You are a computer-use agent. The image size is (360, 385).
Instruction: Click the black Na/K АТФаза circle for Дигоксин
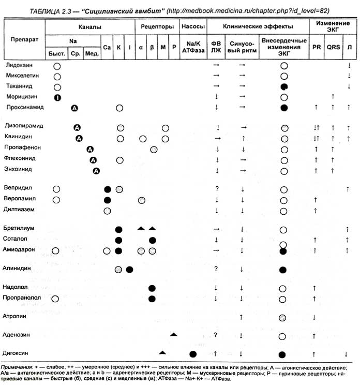point(193,354)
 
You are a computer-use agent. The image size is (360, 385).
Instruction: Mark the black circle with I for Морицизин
point(57,97)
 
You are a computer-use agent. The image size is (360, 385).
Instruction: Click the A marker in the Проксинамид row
point(74,108)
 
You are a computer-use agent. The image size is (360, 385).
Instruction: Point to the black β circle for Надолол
point(152,288)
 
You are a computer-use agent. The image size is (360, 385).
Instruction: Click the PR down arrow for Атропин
point(314,317)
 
